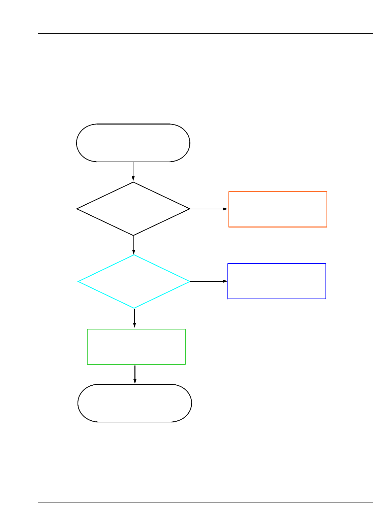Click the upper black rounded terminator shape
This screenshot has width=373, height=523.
[x=133, y=143]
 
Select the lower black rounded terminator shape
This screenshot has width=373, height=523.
[x=134, y=403]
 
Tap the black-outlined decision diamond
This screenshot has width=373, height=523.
[x=133, y=209]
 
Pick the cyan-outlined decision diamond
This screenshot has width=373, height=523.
[x=134, y=281]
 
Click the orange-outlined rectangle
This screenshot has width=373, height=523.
[x=278, y=209]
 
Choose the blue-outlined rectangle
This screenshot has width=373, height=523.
[x=277, y=281]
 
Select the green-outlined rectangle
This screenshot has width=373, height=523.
[x=136, y=347]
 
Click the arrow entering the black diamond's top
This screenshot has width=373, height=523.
[x=133, y=172]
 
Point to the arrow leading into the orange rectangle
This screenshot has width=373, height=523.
[x=209, y=209]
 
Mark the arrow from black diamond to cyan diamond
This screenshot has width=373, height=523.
[x=134, y=245]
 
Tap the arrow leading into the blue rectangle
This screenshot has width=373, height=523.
[x=209, y=281]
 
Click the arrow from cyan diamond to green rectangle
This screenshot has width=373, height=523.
[x=134, y=318]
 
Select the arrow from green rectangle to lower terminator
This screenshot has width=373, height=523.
[x=135, y=374]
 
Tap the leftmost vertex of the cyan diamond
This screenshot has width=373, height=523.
[x=78, y=281]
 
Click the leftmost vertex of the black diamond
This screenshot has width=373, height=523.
[x=77, y=209]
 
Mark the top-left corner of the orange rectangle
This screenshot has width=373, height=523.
[x=229, y=192]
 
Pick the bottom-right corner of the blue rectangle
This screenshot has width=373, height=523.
[x=326, y=299]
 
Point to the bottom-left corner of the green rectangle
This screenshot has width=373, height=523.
[x=87, y=364]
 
